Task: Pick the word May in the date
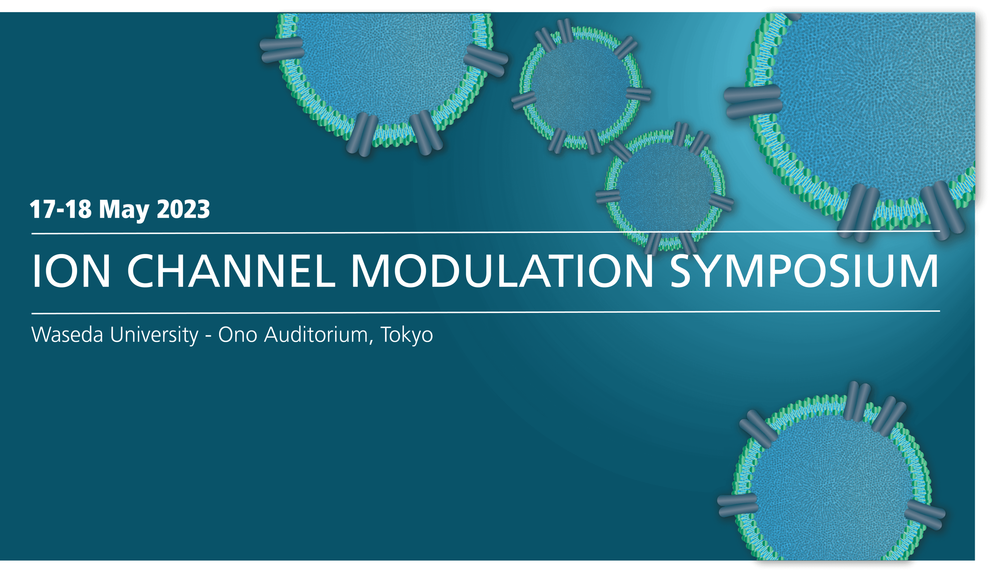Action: pyautogui.click(x=124, y=210)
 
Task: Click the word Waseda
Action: pyautogui.click(x=67, y=335)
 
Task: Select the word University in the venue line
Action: pyautogui.click(x=154, y=336)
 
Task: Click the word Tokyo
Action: pyautogui.click(x=406, y=336)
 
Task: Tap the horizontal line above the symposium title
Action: pyautogui.click(x=486, y=232)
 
